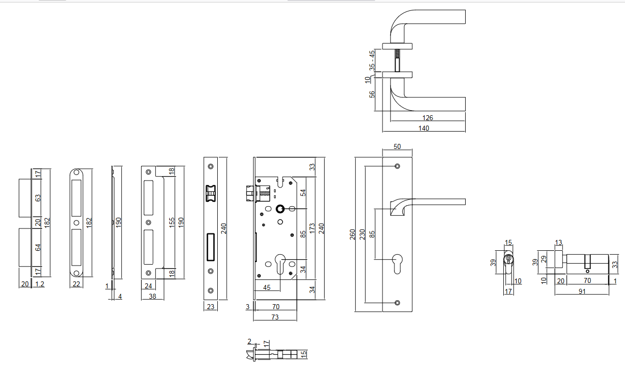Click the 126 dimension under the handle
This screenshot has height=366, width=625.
(428, 118)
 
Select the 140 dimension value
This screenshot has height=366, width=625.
(424, 128)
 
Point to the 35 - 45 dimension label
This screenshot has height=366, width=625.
(372, 60)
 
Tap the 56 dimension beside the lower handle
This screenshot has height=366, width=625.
(372, 93)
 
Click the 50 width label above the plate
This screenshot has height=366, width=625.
(397, 146)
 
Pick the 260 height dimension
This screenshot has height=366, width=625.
(352, 234)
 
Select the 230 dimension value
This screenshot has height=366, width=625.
(362, 234)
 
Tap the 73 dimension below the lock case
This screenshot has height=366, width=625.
(275, 317)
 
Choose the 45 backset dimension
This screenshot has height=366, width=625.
(267, 287)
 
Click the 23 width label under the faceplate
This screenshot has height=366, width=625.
(211, 307)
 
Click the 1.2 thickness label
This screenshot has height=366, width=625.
(40, 284)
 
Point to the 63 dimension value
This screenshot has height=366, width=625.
(38, 198)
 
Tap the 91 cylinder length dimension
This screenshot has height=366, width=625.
(582, 292)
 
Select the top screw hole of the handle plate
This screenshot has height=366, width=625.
(397, 166)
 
